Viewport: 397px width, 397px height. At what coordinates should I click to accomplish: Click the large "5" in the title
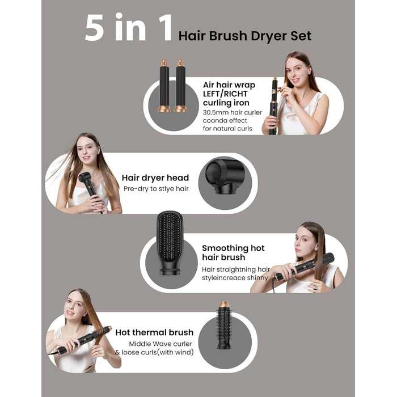pyautogui.click(x=95, y=27)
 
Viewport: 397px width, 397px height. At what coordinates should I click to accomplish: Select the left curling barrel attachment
pyautogui.click(x=164, y=86)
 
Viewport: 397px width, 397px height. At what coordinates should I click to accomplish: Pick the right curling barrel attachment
pyautogui.click(x=180, y=86)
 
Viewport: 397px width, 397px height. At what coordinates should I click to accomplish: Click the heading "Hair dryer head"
pyautogui.click(x=155, y=178)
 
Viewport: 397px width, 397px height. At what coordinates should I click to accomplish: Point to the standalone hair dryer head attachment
pyautogui.click(x=225, y=176)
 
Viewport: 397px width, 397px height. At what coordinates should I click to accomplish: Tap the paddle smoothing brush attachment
pyautogui.click(x=170, y=243)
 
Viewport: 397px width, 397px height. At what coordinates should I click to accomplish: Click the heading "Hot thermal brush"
pyautogui.click(x=154, y=332)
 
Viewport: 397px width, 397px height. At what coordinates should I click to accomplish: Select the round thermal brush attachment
pyautogui.click(x=224, y=325)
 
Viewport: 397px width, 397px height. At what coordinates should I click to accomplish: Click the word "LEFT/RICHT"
pyautogui.click(x=225, y=94)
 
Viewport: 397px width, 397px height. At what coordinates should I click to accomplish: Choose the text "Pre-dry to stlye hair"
pyautogui.click(x=156, y=189)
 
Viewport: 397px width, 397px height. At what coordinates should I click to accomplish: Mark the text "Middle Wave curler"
pyautogui.click(x=161, y=344)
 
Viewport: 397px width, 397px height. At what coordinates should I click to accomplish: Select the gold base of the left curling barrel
pyautogui.click(x=164, y=109)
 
